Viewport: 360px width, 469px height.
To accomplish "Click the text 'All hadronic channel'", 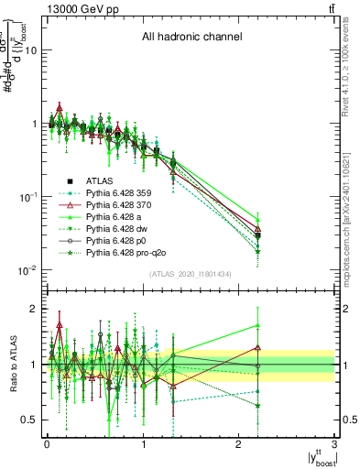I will [191, 38].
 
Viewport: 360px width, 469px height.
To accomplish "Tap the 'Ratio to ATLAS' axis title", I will [13, 365].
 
